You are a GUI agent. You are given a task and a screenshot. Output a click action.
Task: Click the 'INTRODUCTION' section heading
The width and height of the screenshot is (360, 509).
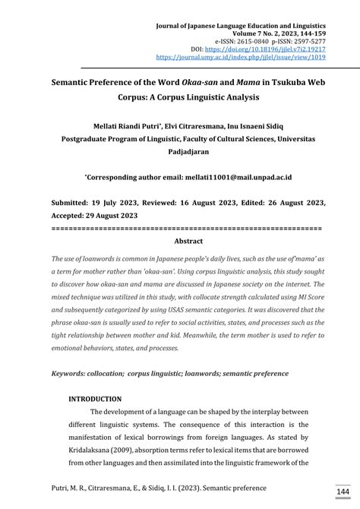95,399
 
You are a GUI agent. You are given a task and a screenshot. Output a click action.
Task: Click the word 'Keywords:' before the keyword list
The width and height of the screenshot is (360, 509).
74,374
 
